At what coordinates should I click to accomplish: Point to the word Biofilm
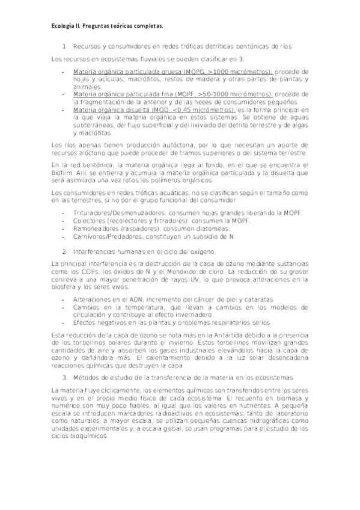[62, 172]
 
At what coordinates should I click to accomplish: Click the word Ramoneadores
[94, 229]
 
